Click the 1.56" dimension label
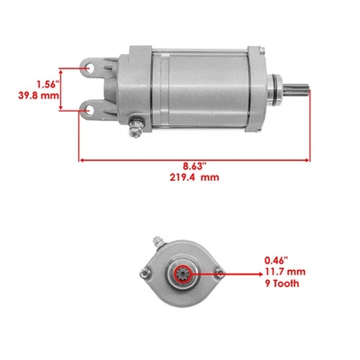(x=35, y=80)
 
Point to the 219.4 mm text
(x=195, y=178)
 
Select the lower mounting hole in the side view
(x=92, y=109)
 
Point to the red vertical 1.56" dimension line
(x=61, y=87)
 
